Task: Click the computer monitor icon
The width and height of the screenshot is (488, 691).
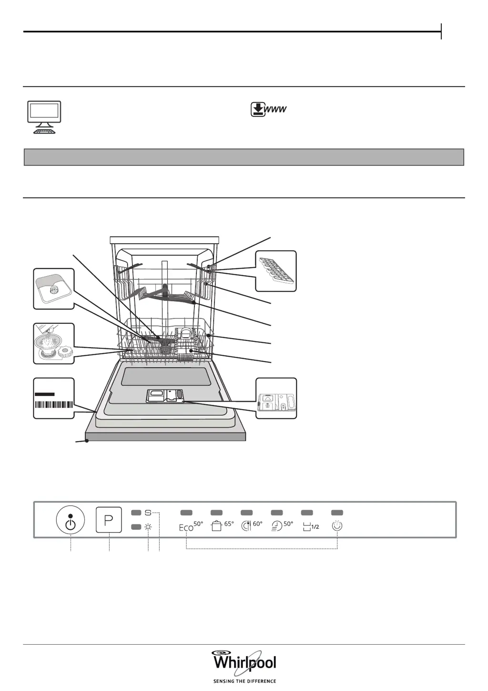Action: (43, 117)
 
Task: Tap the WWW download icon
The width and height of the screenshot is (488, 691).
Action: (269, 110)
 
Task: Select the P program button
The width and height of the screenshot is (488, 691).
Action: (109, 520)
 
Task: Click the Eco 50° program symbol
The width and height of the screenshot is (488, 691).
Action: (191, 526)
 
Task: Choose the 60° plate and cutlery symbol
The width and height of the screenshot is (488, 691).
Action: (252, 526)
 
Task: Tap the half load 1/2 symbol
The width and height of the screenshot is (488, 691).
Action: (311, 526)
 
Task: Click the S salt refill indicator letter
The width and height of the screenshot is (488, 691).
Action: (148, 513)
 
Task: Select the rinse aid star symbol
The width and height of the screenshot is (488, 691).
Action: (148, 527)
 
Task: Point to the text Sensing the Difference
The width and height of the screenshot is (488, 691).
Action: (244, 681)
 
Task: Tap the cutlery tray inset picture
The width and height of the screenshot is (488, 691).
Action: (276, 270)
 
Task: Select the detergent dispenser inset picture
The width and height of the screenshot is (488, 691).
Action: (276, 398)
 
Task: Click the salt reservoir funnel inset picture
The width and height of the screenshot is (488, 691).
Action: (53, 343)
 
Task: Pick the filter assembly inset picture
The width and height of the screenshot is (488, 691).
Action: (53, 289)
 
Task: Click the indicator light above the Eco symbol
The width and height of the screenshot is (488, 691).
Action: (186, 512)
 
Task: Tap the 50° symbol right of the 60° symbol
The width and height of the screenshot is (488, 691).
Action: (283, 526)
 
